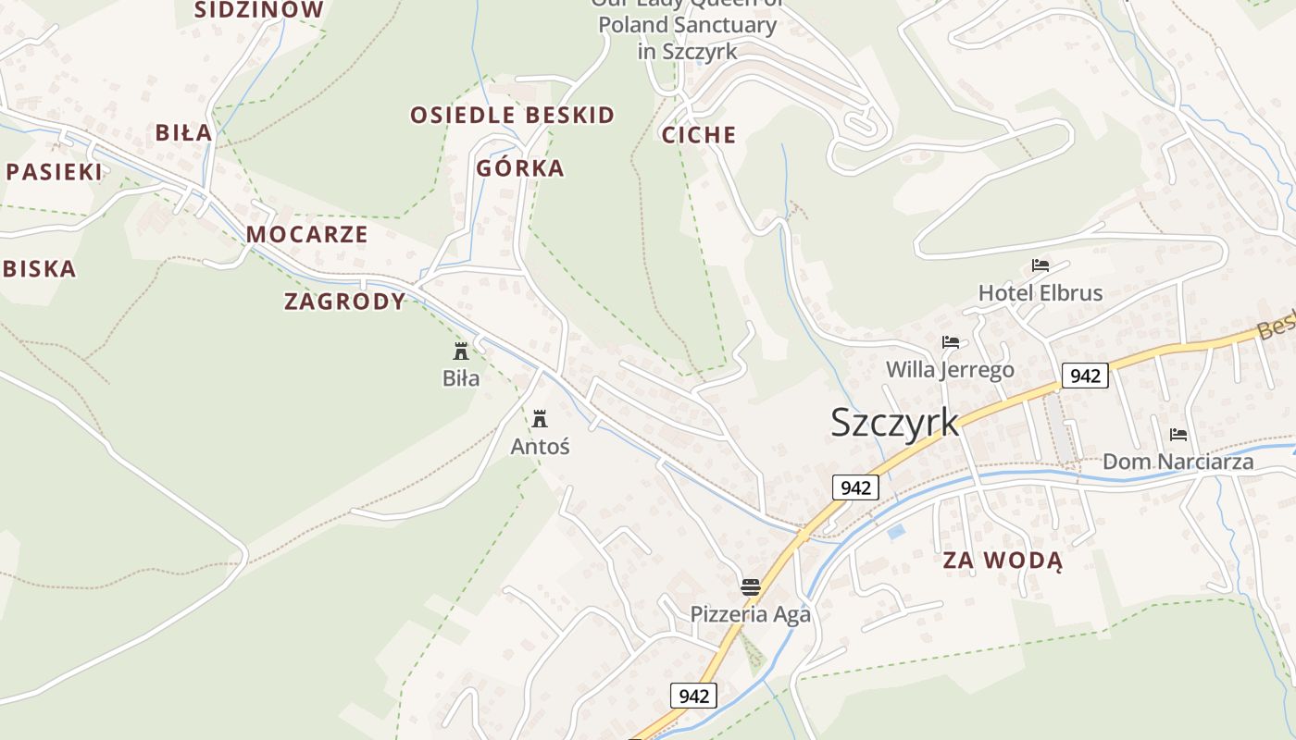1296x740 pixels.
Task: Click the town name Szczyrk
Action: (894, 422)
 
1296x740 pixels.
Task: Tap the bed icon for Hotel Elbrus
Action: (1041, 265)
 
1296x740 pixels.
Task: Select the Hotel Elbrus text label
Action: (1041, 293)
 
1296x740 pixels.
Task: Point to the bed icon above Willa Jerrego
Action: (951, 342)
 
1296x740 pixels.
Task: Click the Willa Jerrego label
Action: (950, 370)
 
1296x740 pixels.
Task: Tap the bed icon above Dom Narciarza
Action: (1178, 434)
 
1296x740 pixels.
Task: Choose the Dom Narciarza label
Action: (1178, 462)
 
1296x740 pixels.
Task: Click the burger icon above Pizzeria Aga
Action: (751, 586)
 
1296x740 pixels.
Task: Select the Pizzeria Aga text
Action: (751, 614)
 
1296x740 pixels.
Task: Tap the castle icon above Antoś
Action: (540, 419)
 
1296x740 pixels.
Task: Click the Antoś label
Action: (541, 447)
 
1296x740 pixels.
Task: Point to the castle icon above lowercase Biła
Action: (461, 351)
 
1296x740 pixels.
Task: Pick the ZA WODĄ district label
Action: (1003, 560)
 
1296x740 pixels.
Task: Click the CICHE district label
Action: (699, 135)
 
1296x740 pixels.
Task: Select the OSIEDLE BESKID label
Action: (513, 116)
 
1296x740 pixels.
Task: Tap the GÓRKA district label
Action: (520, 168)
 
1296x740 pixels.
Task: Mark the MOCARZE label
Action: (307, 234)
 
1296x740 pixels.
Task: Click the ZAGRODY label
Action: (345, 302)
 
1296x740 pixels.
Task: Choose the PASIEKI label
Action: (54, 171)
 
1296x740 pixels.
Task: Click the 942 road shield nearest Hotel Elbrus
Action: (1085, 376)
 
